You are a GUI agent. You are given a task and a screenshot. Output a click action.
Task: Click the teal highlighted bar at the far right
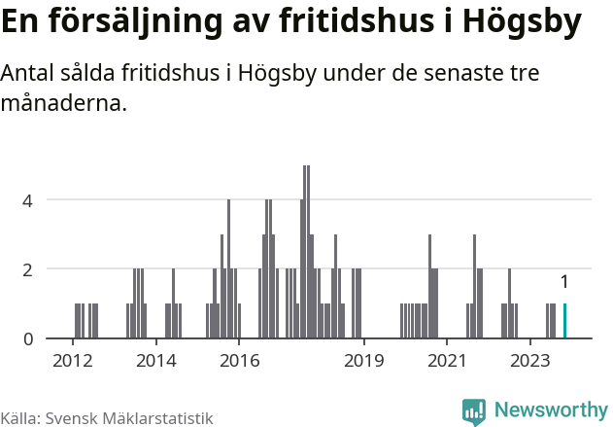564,321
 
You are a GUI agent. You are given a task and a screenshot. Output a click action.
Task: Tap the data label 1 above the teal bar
564,282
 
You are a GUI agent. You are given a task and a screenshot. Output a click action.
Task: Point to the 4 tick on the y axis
28,200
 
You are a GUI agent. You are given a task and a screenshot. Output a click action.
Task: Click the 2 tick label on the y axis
28,269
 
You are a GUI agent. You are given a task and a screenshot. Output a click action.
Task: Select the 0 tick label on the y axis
28,338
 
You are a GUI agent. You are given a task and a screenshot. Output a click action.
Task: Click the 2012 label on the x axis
73,361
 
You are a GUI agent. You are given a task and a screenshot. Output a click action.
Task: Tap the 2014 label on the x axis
156,361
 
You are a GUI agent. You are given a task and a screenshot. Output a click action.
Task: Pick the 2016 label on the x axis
239,361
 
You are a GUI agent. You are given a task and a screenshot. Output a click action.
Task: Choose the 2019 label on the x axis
364,361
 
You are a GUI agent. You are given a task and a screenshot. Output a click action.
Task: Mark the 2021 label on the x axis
448,361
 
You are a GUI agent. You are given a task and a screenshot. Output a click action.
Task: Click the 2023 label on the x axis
530,361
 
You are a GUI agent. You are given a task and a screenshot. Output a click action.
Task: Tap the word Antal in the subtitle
30,74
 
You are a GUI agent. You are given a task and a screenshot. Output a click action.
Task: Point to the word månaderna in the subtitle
64,102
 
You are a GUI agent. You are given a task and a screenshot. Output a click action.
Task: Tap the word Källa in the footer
19,417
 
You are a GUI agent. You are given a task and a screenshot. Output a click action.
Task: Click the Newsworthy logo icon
474,411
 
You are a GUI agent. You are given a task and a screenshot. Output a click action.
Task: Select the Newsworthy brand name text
550,410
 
